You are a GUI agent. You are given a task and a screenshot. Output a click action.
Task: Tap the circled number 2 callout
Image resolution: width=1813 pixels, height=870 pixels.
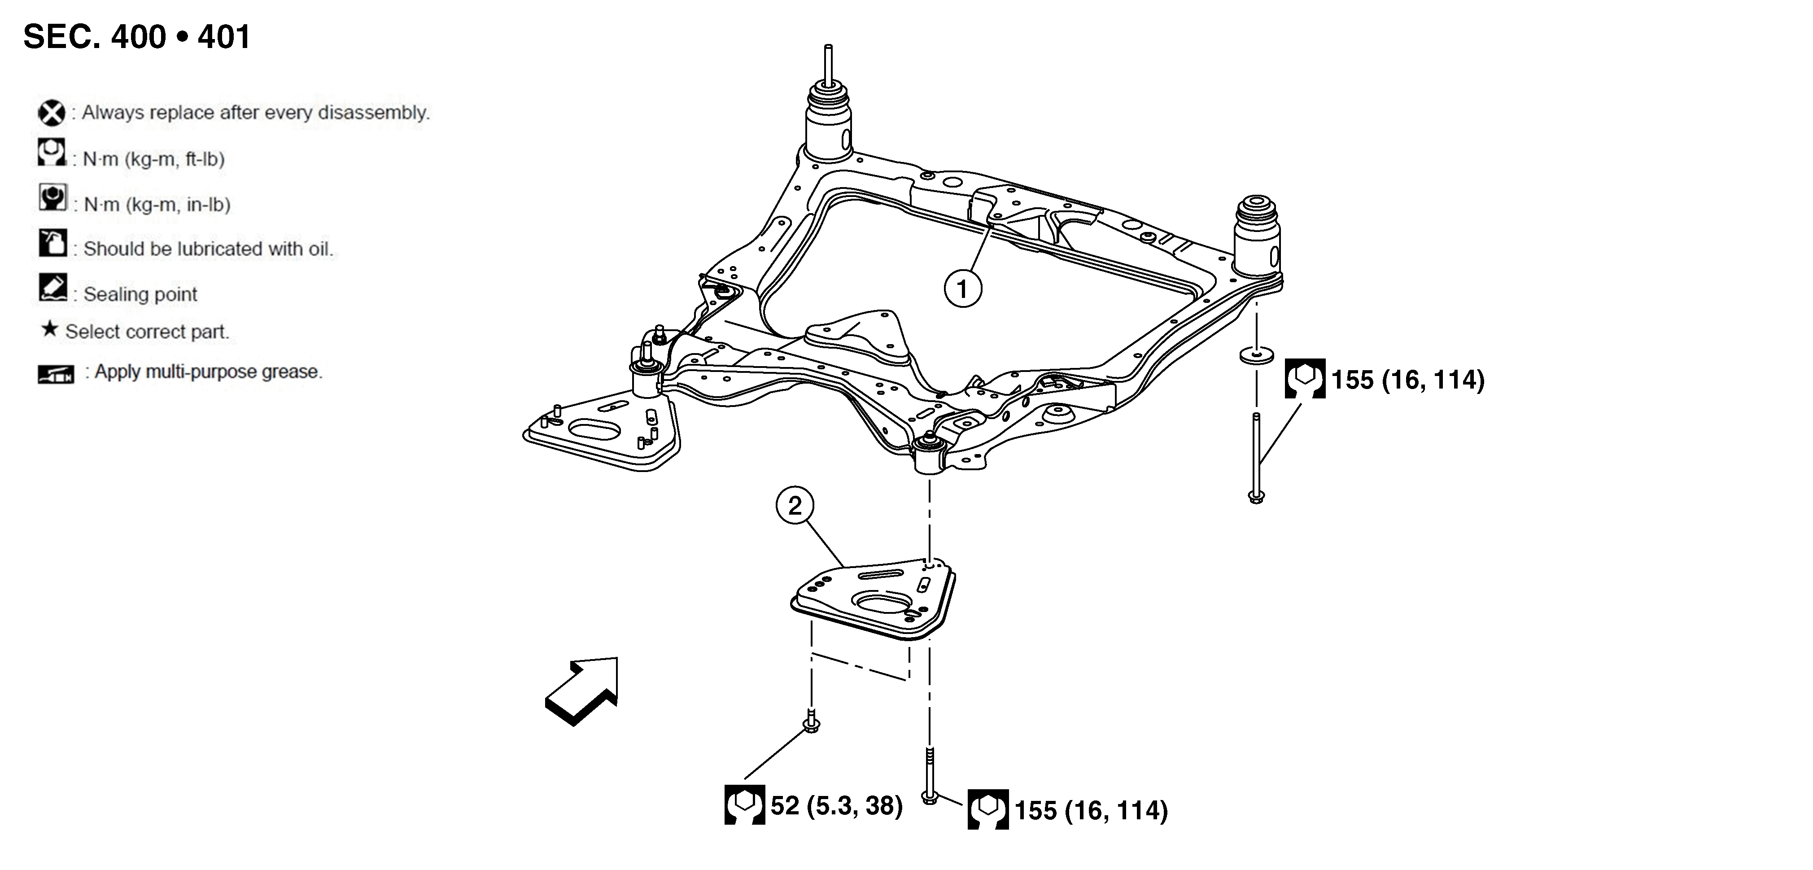(x=795, y=505)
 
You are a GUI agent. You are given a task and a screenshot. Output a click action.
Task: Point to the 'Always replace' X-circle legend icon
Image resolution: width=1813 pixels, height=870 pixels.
(x=52, y=113)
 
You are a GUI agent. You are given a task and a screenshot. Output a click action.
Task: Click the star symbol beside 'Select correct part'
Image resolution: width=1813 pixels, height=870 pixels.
(x=49, y=329)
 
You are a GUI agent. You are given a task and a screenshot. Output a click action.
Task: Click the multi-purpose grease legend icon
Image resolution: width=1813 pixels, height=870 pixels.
(x=56, y=374)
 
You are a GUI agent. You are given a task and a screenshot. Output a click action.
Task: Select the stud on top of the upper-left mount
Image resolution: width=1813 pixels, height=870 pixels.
(x=828, y=65)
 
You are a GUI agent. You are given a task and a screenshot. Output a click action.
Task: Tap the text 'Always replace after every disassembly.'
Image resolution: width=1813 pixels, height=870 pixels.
(x=255, y=113)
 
